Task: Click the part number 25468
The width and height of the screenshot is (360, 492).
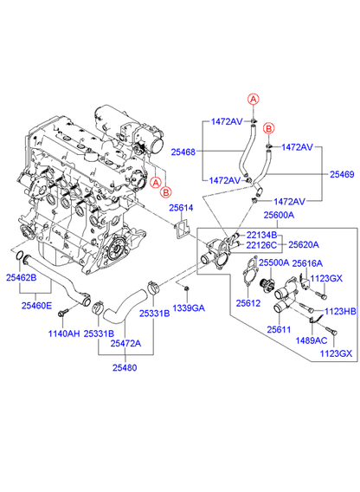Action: [183, 152]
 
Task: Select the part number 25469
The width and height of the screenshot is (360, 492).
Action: [342, 174]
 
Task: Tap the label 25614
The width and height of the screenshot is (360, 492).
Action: [181, 208]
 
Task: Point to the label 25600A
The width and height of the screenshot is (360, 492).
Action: [280, 215]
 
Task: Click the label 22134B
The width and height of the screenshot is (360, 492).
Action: [261, 235]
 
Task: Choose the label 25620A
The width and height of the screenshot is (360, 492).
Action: [304, 245]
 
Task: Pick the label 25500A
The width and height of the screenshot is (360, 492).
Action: [273, 262]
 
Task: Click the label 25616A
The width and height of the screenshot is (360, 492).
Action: [307, 263]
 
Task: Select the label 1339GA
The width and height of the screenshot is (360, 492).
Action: [189, 308]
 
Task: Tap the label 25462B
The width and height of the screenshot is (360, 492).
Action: [22, 277]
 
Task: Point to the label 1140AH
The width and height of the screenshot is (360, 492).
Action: [64, 333]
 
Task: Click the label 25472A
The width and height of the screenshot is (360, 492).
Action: [125, 344]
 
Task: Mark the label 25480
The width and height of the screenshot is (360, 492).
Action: [125, 368]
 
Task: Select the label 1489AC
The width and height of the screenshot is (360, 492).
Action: [312, 340]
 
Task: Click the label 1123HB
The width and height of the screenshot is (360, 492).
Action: [340, 311]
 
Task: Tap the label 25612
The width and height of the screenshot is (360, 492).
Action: [248, 303]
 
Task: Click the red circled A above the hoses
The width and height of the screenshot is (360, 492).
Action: [253, 99]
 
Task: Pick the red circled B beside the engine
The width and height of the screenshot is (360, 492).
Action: [166, 191]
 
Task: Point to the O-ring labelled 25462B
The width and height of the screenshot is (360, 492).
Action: [19, 256]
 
